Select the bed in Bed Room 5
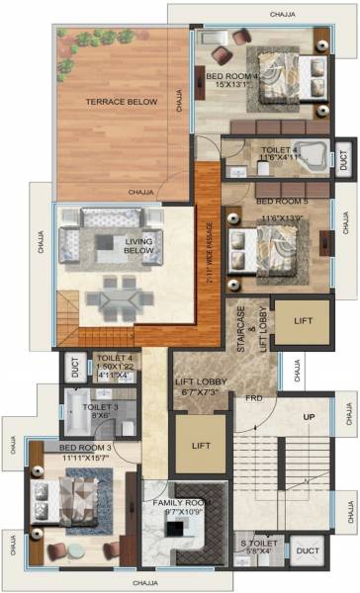pos(271,243)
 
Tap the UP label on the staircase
pos(309,417)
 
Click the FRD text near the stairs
pos(254,400)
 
